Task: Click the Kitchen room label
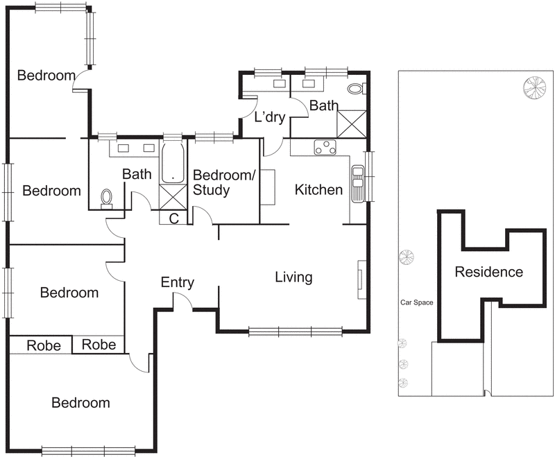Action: click(318, 189)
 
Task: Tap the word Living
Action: click(293, 277)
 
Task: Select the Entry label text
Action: click(177, 282)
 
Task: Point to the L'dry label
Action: click(270, 117)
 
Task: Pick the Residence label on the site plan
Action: click(488, 272)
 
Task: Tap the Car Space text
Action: click(416, 303)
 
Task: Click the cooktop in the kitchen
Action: click(325, 147)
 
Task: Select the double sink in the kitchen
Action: click(357, 184)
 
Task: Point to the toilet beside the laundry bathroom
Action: click(355, 89)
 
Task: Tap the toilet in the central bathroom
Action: click(106, 199)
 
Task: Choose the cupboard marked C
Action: click(173, 218)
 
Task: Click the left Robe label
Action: click(43, 345)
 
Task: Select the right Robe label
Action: click(99, 345)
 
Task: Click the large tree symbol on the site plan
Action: click(535, 87)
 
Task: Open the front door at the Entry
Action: click(182, 302)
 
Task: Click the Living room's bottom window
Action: click(295, 331)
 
